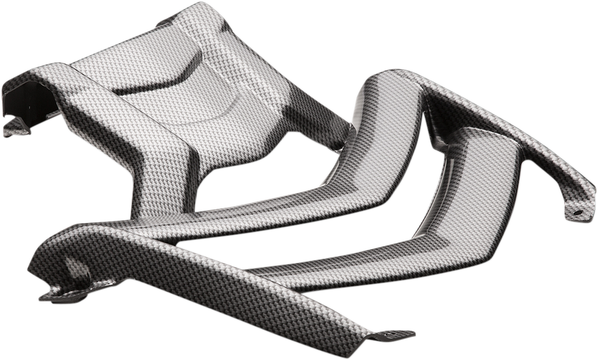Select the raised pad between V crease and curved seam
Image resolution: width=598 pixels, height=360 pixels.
(x=187, y=100)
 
